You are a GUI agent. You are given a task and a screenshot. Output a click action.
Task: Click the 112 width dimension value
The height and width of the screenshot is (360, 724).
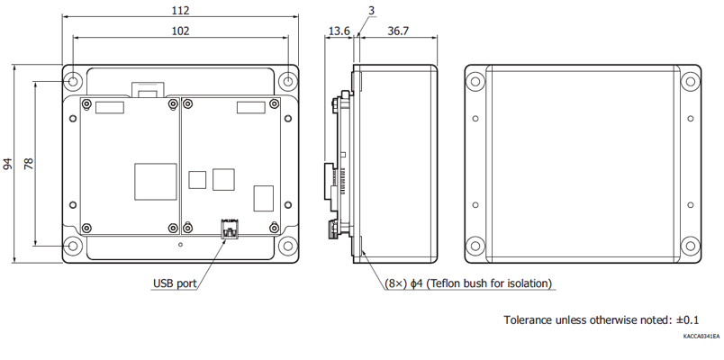[180, 10]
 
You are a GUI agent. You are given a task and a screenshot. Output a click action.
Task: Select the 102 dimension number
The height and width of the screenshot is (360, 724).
[180, 31]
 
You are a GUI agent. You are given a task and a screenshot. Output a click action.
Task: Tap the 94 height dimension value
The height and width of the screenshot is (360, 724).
[8, 164]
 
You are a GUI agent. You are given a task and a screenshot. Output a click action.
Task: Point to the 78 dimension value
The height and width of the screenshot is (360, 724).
[29, 164]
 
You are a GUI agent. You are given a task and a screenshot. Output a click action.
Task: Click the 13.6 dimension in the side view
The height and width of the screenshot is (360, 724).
[339, 31]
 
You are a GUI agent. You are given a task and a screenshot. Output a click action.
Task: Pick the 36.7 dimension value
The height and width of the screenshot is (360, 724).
[398, 31]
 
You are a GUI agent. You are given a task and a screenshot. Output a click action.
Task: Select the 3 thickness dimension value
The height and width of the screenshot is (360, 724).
[371, 10]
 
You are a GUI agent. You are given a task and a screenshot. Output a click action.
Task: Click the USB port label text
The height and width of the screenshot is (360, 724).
[175, 283]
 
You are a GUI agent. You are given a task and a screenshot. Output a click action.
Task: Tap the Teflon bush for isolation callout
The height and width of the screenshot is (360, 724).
[468, 283]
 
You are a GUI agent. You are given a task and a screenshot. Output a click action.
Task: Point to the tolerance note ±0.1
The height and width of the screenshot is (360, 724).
[602, 319]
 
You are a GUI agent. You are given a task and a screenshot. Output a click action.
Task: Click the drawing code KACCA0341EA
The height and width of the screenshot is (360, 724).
[701, 336]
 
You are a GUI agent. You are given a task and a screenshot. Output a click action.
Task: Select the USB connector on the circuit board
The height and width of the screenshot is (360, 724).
[230, 229]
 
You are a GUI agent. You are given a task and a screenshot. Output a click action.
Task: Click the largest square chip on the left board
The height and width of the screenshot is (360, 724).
[156, 182]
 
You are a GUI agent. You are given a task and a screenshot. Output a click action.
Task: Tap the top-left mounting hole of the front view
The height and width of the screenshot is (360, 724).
[73, 82]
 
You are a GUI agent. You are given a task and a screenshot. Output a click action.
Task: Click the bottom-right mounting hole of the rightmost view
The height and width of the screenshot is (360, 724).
[691, 246]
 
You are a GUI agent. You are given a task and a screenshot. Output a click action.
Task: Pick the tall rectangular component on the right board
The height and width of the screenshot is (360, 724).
[264, 199]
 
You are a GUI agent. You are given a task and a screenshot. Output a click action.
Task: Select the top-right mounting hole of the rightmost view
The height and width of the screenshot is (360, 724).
[691, 82]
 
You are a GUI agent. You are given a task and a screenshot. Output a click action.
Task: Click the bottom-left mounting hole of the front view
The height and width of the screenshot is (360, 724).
[73, 246]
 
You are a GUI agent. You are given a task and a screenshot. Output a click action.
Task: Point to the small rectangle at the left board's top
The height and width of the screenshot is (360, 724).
[110, 107]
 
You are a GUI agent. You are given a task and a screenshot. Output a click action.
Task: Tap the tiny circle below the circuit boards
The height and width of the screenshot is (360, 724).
[180, 245]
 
